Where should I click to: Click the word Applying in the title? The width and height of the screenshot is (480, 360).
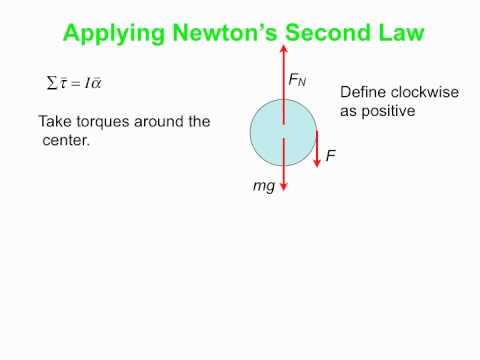coord(107,33)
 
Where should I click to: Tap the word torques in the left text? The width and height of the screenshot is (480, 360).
coord(112,122)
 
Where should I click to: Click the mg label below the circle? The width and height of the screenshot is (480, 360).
coord(263,187)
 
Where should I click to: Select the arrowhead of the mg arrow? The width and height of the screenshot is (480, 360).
coord(284,186)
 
